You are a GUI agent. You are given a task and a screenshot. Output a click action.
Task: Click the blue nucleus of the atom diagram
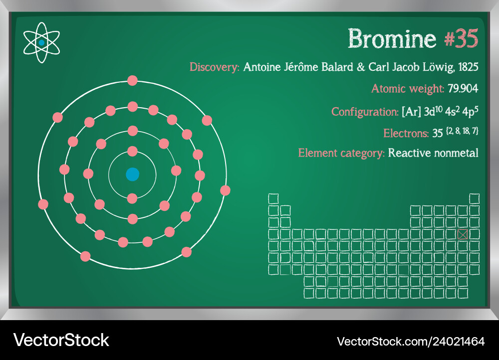(132, 175)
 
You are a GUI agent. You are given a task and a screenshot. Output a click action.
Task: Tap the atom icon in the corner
(41, 42)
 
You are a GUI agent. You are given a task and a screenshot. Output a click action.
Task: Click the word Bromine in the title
(392, 38)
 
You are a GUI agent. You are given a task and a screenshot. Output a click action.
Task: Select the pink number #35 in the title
(461, 38)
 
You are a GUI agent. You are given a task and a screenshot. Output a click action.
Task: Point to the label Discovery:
(214, 67)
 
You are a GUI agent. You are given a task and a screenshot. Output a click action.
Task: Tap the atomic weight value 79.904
(463, 88)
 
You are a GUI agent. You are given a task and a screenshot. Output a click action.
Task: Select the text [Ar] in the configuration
(411, 112)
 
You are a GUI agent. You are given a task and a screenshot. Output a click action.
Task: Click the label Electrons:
(406, 133)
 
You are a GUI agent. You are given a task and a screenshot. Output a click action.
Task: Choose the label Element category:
(341, 153)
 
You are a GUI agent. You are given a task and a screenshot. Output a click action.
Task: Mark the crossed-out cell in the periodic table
(463, 234)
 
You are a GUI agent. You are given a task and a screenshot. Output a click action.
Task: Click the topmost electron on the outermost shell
(132, 80)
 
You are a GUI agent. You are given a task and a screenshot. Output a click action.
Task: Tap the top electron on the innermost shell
(132, 151)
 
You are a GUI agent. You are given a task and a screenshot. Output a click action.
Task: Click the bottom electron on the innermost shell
(132, 199)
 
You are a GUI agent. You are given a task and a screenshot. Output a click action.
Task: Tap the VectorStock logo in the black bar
(61, 340)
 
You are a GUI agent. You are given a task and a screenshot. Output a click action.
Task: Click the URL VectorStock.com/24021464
(411, 342)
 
